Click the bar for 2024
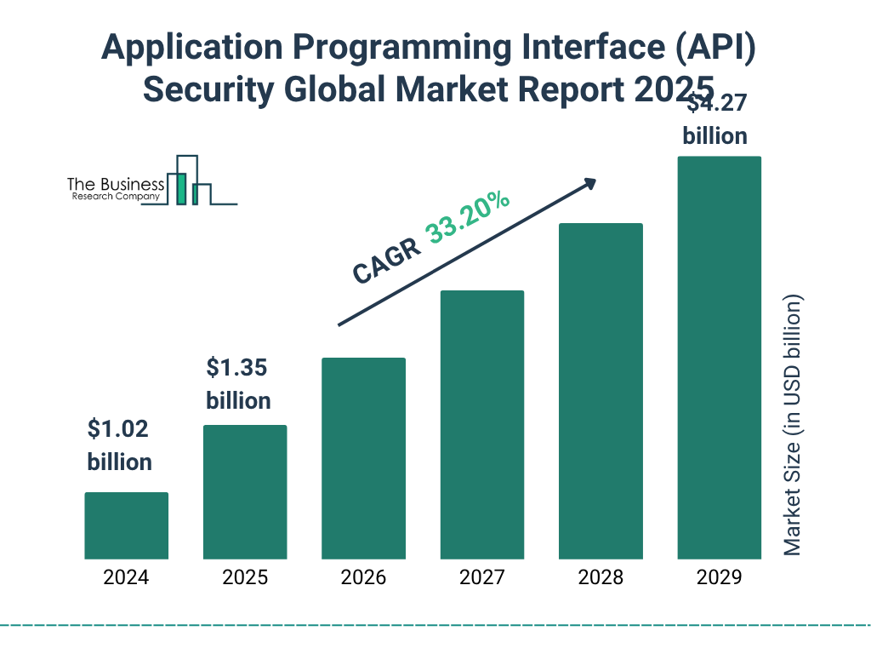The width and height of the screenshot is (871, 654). (126, 525)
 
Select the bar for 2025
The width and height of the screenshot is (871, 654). (245, 492)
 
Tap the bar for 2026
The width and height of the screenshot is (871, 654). (363, 458)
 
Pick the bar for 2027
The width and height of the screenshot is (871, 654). (482, 425)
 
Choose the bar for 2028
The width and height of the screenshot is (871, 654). (601, 391)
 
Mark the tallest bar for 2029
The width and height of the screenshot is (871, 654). (719, 358)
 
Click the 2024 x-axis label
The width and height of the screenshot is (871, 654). (126, 577)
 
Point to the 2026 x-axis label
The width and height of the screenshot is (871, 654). (363, 577)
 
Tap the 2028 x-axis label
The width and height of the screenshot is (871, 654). (601, 577)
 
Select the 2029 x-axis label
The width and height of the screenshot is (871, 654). (719, 577)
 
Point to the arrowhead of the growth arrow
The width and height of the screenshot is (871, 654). (589, 183)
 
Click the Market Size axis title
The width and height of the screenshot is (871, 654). (793, 426)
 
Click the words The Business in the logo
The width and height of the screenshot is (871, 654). (116, 185)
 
